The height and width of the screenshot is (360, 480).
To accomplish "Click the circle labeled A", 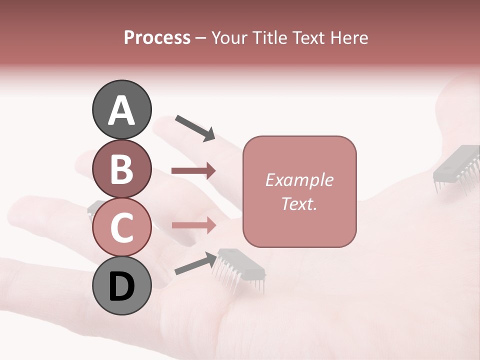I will click(x=121, y=110).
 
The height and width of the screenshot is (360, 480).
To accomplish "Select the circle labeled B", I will click(x=121, y=169).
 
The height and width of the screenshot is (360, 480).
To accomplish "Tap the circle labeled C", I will click(x=121, y=227).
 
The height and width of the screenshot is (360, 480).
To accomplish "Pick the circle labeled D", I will click(x=121, y=286).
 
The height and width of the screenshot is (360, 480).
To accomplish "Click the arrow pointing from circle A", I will click(x=195, y=127).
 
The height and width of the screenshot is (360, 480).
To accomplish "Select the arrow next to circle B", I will click(x=193, y=171).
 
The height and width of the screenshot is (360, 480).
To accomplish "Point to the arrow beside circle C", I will click(x=193, y=225).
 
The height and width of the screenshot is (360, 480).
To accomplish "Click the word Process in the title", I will click(x=157, y=38).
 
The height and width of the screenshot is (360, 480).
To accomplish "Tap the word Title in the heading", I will click(x=268, y=38).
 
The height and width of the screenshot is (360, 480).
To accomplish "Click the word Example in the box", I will click(x=299, y=180).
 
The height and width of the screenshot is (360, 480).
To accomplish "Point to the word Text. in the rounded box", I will click(x=299, y=204).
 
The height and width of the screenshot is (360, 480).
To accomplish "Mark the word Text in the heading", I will click(x=306, y=38).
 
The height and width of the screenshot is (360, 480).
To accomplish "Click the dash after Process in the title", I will click(x=201, y=38).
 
